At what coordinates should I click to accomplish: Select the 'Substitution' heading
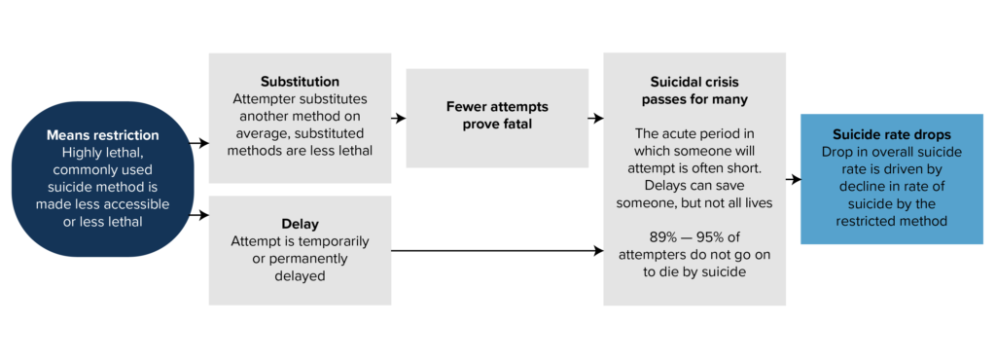tap(299, 81)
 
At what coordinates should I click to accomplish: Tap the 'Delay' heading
tap(300, 223)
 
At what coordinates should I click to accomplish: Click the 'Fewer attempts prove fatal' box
tap(496, 117)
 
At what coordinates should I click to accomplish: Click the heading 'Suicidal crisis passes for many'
tap(694, 90)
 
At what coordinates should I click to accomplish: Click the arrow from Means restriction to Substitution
tap(198, 143)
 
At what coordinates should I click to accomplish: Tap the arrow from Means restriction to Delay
tap(198, 214)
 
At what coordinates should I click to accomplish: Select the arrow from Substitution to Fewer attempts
tap(398, 119)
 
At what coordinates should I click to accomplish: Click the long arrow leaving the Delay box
tap(496, 251)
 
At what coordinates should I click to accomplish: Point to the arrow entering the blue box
tap(793, 179)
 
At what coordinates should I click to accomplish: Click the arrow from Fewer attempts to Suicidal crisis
tap(594, 119)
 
